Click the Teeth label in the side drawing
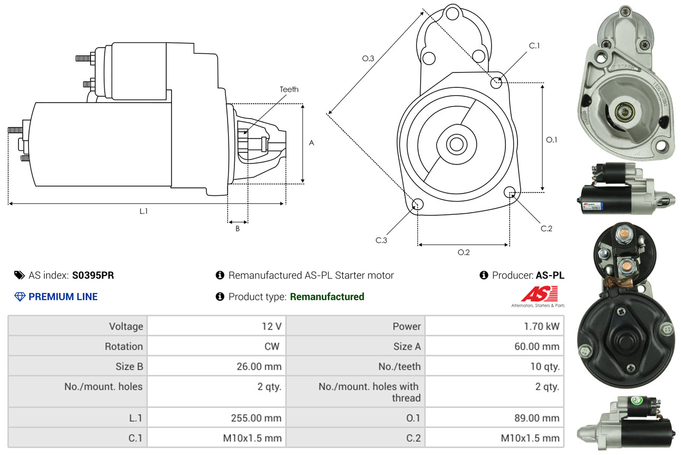click(289, 89)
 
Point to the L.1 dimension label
click(143, 211)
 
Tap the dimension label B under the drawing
click(238, 229)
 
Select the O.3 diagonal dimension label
click(368, 59)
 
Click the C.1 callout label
click(534, 46)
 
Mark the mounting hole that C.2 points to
click(510, 192)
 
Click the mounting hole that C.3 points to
click(417, 205)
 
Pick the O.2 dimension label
click(464, 252)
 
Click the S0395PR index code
click(93, 275)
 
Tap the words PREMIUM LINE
click(63, 297)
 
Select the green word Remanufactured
click(327, 297)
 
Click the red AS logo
click(539, 294)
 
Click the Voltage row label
click(126, 326)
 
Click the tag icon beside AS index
click(19, 275)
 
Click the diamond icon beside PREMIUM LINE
click(20, 297)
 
